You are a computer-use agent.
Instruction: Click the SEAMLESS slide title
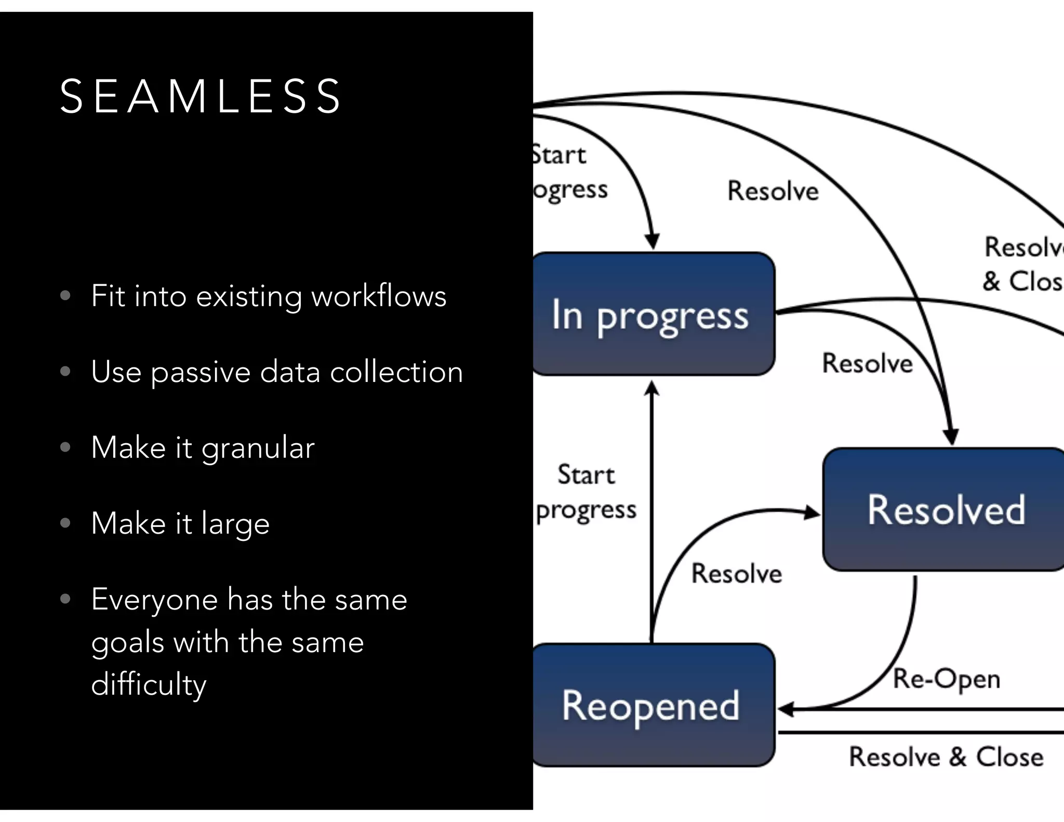click(200, 96)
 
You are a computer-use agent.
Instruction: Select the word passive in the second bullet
click(201, 372)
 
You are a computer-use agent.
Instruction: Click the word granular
click(258, 447)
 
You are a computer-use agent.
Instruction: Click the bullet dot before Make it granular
click(65, 447)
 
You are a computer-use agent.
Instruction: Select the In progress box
click(652, 314)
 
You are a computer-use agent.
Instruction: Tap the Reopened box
click(652, 705)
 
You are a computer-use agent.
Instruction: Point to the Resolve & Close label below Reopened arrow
click(946, 757)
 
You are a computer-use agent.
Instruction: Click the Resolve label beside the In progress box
click(867, 363)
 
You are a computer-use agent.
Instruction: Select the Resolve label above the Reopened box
click(736, 574)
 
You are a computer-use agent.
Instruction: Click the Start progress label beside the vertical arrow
click(586, 492)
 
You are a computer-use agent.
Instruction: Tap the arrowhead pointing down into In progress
click(652, 242)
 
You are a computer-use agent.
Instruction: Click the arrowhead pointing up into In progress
click(651, 389)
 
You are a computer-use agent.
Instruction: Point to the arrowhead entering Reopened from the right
click(786, 709)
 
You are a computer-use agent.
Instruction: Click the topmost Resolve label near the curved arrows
click(773, 191)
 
